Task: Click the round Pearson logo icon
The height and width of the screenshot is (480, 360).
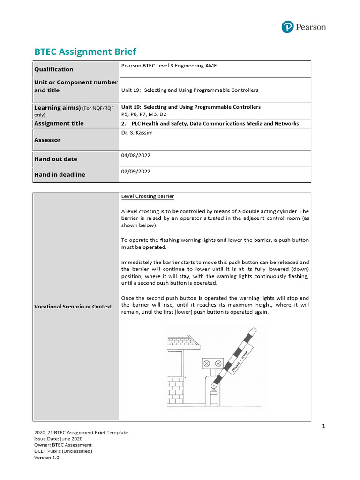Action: pos(287,27)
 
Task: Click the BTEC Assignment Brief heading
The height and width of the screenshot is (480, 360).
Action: pos(85,52)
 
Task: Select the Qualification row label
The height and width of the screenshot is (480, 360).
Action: pos(53,69)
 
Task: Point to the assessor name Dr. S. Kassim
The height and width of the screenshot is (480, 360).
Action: pos(137,133)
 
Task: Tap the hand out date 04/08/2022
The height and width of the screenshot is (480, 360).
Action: pos(135,155)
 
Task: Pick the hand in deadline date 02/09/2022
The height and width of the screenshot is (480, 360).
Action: pos(135,172)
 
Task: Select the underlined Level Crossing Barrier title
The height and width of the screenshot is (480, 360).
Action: pos(148,196)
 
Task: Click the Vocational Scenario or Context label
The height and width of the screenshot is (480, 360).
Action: pos(73,307)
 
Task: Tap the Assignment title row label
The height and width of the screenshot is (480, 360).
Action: pos(59,123)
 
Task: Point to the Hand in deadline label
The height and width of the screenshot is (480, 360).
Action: pos(60,174)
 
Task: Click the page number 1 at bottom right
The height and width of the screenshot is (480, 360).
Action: pos(323,426)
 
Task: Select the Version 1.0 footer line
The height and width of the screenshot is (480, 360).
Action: pos(46,457)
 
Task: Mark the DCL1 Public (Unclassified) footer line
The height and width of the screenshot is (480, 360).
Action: pos(63,451)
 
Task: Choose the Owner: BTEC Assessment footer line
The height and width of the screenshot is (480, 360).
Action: pos(63,445)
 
